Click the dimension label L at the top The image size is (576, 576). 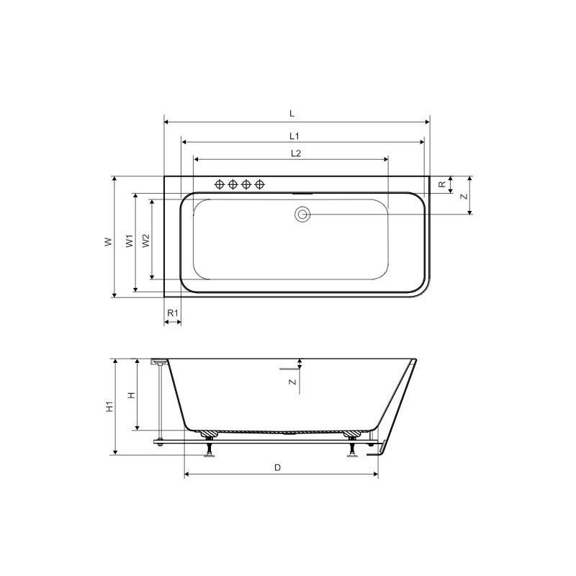click(x=292, y=113)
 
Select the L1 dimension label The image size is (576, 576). click(x=294, y=136)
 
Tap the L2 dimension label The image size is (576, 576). click(x=296, y=153)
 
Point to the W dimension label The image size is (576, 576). click(x=108, y=242)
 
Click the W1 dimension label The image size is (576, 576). click(x=130, y=240)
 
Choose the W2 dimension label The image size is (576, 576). click(x=147, y=240)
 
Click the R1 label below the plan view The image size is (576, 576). click(x=173, y=313)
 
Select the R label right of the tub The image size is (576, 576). click(x=442, y=184)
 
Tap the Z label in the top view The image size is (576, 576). click(x=464, y=196)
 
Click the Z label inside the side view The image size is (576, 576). click(x=292, y=382)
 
